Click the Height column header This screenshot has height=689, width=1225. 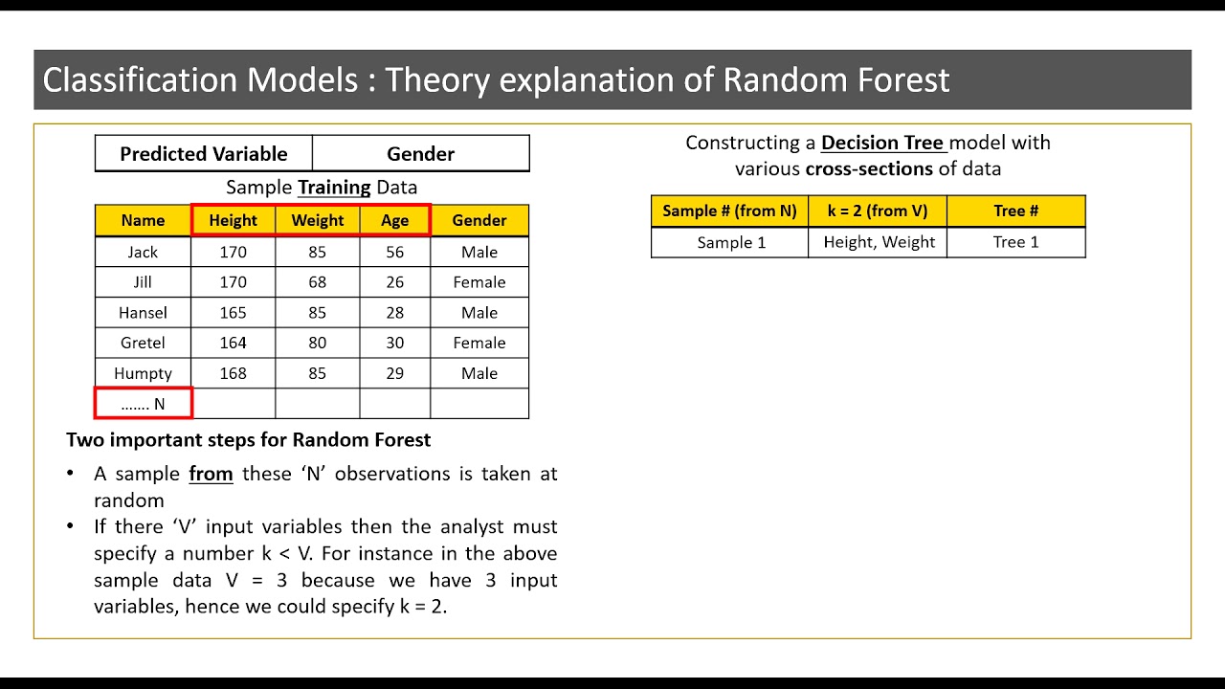pyautogui.click(x=234, y=220)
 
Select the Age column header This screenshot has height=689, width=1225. pyautogui.click(x=394, y=220)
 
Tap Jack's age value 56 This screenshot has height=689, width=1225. pyautogui.click(x=394, y=253)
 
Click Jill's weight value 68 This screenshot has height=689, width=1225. pyautogui.click(x=317, y=282)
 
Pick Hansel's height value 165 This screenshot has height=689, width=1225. pyautogui.click(x=233, y=313)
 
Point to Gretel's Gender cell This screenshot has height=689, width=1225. pyautogui.click(x=479, y=343)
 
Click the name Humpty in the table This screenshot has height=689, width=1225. pyautogui.click(x=143, y=373)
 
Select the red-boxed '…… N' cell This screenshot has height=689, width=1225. pyautogui.click(x=143, y=404)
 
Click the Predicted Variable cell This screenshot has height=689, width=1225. pyautogui.click(x=203, y=154)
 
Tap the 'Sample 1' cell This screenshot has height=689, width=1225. pyautogui.click(x=731, y=242)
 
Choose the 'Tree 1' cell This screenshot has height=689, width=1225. pyautogui.click(x=1015, y=242)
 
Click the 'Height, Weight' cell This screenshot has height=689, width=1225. pyautogui.click(x=879, y=242)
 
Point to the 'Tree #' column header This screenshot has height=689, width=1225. pyautogui.click(x=1015, y=211)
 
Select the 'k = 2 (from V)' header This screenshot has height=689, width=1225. pyautogui.click(x=879, y=211)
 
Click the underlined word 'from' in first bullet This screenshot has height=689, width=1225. pyautogui.click(x=211, y=474)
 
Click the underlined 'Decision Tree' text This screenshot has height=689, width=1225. pyautogui.click(x=882, y=143)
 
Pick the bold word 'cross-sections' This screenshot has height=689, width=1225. pyautogui.click(x=868, y=169)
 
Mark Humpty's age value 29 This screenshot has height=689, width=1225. pyautogui.click(x=394, y=373)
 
